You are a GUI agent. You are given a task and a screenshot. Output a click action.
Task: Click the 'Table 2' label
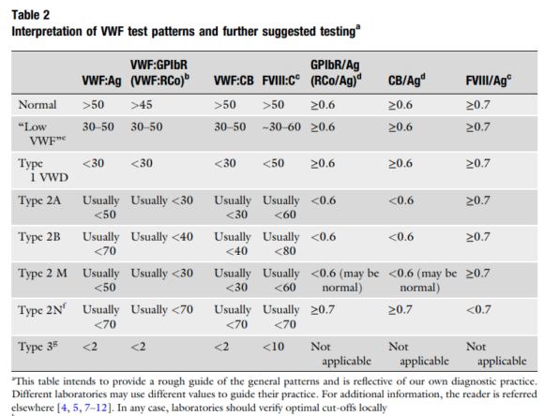click(x=32, y=12)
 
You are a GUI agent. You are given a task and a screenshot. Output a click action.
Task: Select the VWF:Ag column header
click(x=103, y=78)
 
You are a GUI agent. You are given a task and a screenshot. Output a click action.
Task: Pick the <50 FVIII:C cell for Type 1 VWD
click(x=273, y=165)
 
